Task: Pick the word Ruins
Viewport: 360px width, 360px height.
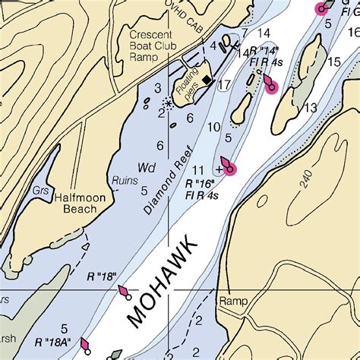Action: (x=124, y=181)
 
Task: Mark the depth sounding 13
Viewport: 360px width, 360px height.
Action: (x=310, y=108)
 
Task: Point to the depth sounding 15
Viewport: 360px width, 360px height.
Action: (x=333, y=62)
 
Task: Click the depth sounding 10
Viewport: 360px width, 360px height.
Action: (x=214, y=126)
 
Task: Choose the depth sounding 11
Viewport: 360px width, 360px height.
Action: (x=198, y=169)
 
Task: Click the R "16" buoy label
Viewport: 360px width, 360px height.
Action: (x=201, y=184)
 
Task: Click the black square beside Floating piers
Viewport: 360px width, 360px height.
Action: (x=207, y=79)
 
